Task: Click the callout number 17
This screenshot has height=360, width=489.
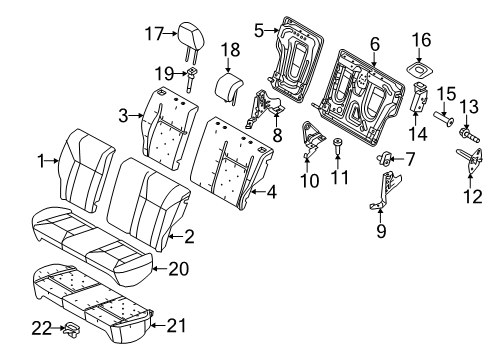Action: coord(152,33)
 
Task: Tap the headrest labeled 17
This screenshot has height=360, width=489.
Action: coord(190,37)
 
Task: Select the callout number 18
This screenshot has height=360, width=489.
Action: coord(229,50)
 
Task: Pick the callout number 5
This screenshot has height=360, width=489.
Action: coord(374,44)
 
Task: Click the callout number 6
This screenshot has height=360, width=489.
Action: coord(409,158)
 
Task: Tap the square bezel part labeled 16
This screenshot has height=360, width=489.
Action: coord(420,71)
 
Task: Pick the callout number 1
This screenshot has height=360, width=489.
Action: coord(42,160)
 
